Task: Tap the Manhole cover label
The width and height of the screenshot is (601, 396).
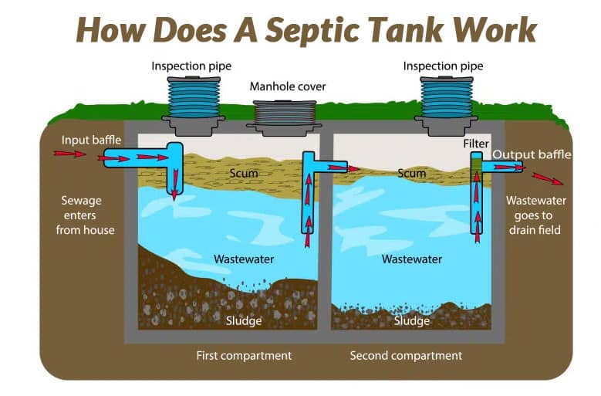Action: click(288, 86)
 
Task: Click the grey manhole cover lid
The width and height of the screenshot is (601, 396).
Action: click(288, 115)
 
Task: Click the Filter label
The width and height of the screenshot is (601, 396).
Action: click(477, 144)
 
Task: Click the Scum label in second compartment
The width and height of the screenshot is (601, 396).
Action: click(411, 174)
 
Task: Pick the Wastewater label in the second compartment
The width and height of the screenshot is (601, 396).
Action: click(412, 259)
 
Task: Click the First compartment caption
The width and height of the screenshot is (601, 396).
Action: click(244, 356)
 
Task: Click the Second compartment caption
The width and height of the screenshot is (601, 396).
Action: click(406, 356)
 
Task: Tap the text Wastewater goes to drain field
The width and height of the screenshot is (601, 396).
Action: click(535, 215)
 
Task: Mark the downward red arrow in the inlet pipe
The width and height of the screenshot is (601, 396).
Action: click(174, 186)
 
